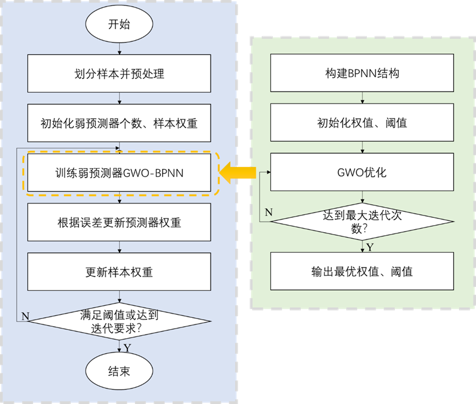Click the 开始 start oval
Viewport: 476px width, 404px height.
point(119,25)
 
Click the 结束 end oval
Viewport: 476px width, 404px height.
point(119,372)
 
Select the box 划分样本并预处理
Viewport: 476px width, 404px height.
point(120,74)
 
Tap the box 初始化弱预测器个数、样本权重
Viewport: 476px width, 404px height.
point(120,124)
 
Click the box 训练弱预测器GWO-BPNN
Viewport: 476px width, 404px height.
point(120,173)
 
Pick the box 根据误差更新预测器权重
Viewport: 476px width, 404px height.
point(120,223)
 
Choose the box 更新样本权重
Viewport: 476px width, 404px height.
point(120,272)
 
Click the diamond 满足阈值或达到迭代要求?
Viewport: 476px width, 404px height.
point(120,321)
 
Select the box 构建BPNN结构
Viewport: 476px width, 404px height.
point(362,74)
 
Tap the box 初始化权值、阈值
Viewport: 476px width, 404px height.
point(362,124)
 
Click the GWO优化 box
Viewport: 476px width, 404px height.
point(362,173)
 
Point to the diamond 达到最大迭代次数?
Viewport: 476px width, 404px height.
point(362,222)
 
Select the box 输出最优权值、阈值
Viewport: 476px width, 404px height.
point(362,272)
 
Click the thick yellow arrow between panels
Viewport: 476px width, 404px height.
point(237,173)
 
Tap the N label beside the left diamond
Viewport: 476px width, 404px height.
point(25,316)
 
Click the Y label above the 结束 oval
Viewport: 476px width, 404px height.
point(127,348)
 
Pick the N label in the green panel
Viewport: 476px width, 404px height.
point(268,212)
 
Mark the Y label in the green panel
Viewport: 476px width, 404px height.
point(370,247)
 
